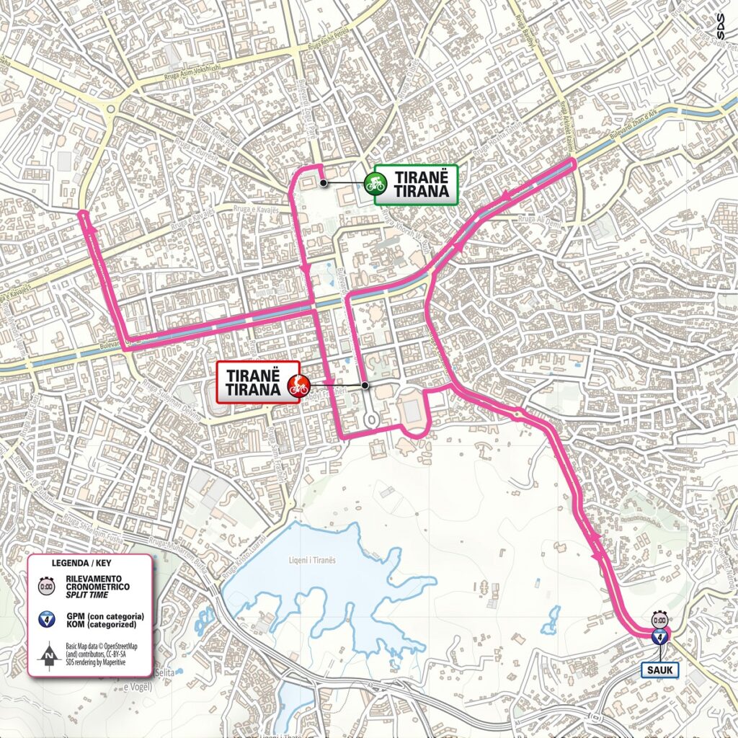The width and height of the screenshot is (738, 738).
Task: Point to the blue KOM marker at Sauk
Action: (x=659, y=636)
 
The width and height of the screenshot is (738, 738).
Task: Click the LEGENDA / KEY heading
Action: (x=81, y=562)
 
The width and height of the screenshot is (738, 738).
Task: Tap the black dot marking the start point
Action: (x=324, y=183)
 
